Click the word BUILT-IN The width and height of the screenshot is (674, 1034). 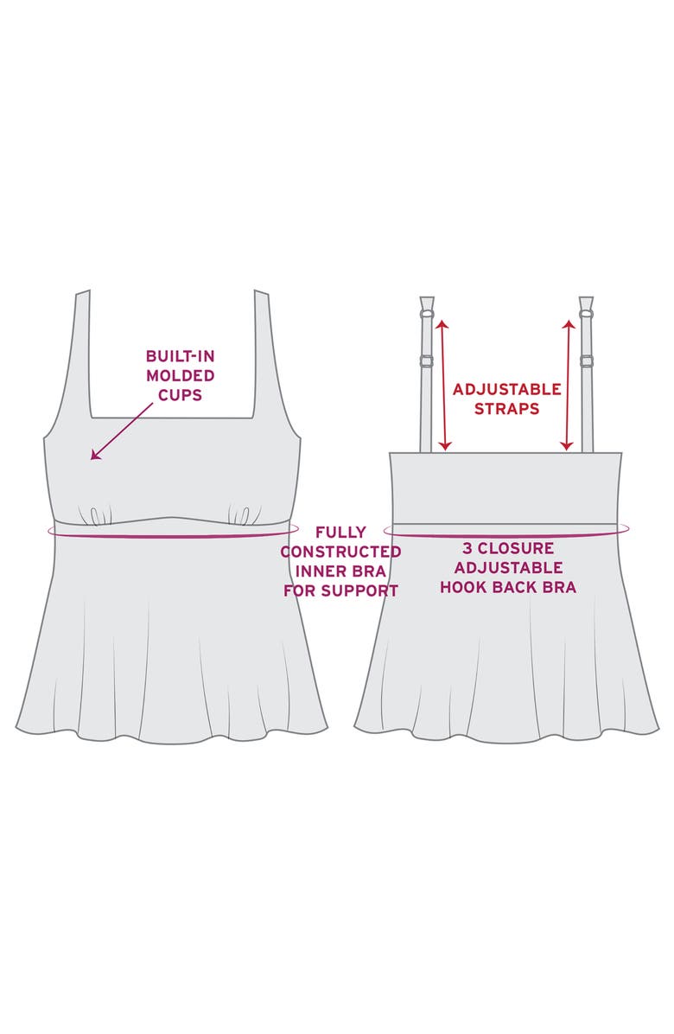point(180,356)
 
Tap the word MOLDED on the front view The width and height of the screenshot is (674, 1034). point(180,375)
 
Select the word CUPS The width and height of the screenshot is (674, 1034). point(180,394)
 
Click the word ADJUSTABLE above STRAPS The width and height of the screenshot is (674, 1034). point(506,389)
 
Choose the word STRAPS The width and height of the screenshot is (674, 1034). point(506,408)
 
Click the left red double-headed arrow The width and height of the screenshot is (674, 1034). point(444,385)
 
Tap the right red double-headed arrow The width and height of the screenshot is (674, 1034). point(568,385)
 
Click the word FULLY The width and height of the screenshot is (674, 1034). point(340,532)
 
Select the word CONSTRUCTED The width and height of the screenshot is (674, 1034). point(340,552)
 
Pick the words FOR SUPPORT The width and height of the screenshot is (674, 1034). point(340,591)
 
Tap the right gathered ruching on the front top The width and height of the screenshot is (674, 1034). point(239,515)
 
